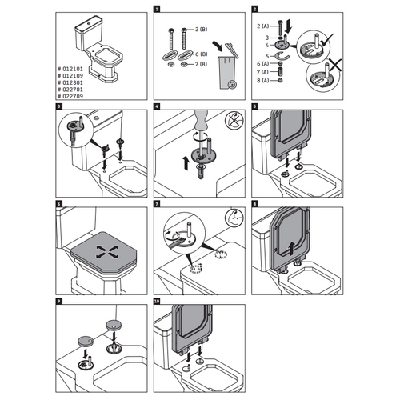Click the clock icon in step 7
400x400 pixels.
pyautogui.click(x=234, y=217)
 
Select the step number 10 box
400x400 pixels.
pyautogui.click(x=156, y=301)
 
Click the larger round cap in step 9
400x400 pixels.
pyautogui.click(x=111, y=325)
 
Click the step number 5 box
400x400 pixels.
pyautogui.click(x=254, y=106)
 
